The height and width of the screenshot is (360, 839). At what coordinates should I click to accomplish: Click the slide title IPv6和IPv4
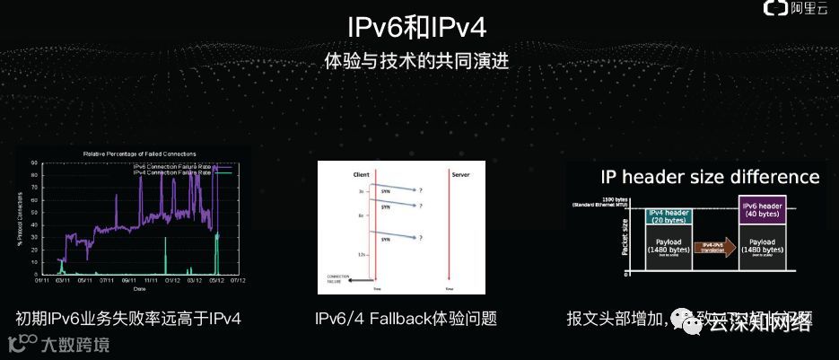pos(420,26)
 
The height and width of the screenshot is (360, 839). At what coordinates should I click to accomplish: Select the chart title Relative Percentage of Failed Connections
pos(139,154)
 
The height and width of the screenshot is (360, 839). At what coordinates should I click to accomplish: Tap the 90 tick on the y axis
pos(33,163)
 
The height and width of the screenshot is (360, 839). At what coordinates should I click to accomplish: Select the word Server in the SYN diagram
pos(461,173)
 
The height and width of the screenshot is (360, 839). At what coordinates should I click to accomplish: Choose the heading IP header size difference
pos(710,177)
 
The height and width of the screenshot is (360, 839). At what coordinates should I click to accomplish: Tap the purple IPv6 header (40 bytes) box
pos(762,209)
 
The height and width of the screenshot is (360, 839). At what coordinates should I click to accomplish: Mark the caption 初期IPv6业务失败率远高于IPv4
pos(128,319)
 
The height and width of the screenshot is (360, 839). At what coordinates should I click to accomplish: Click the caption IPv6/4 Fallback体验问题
pos(406,319)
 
